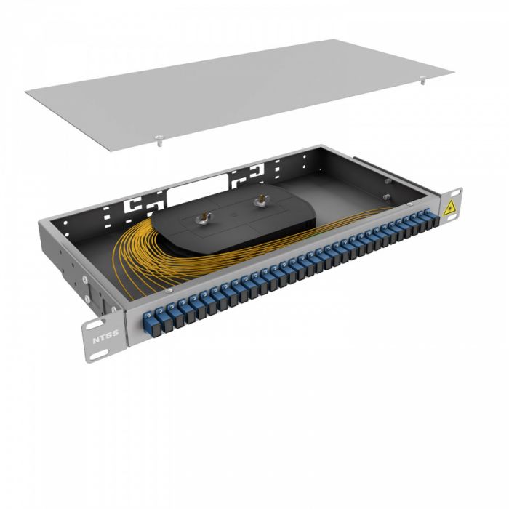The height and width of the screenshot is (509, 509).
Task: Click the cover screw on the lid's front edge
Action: tap(157, 137)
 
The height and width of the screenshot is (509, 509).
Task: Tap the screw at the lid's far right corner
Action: tap(423, 82)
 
